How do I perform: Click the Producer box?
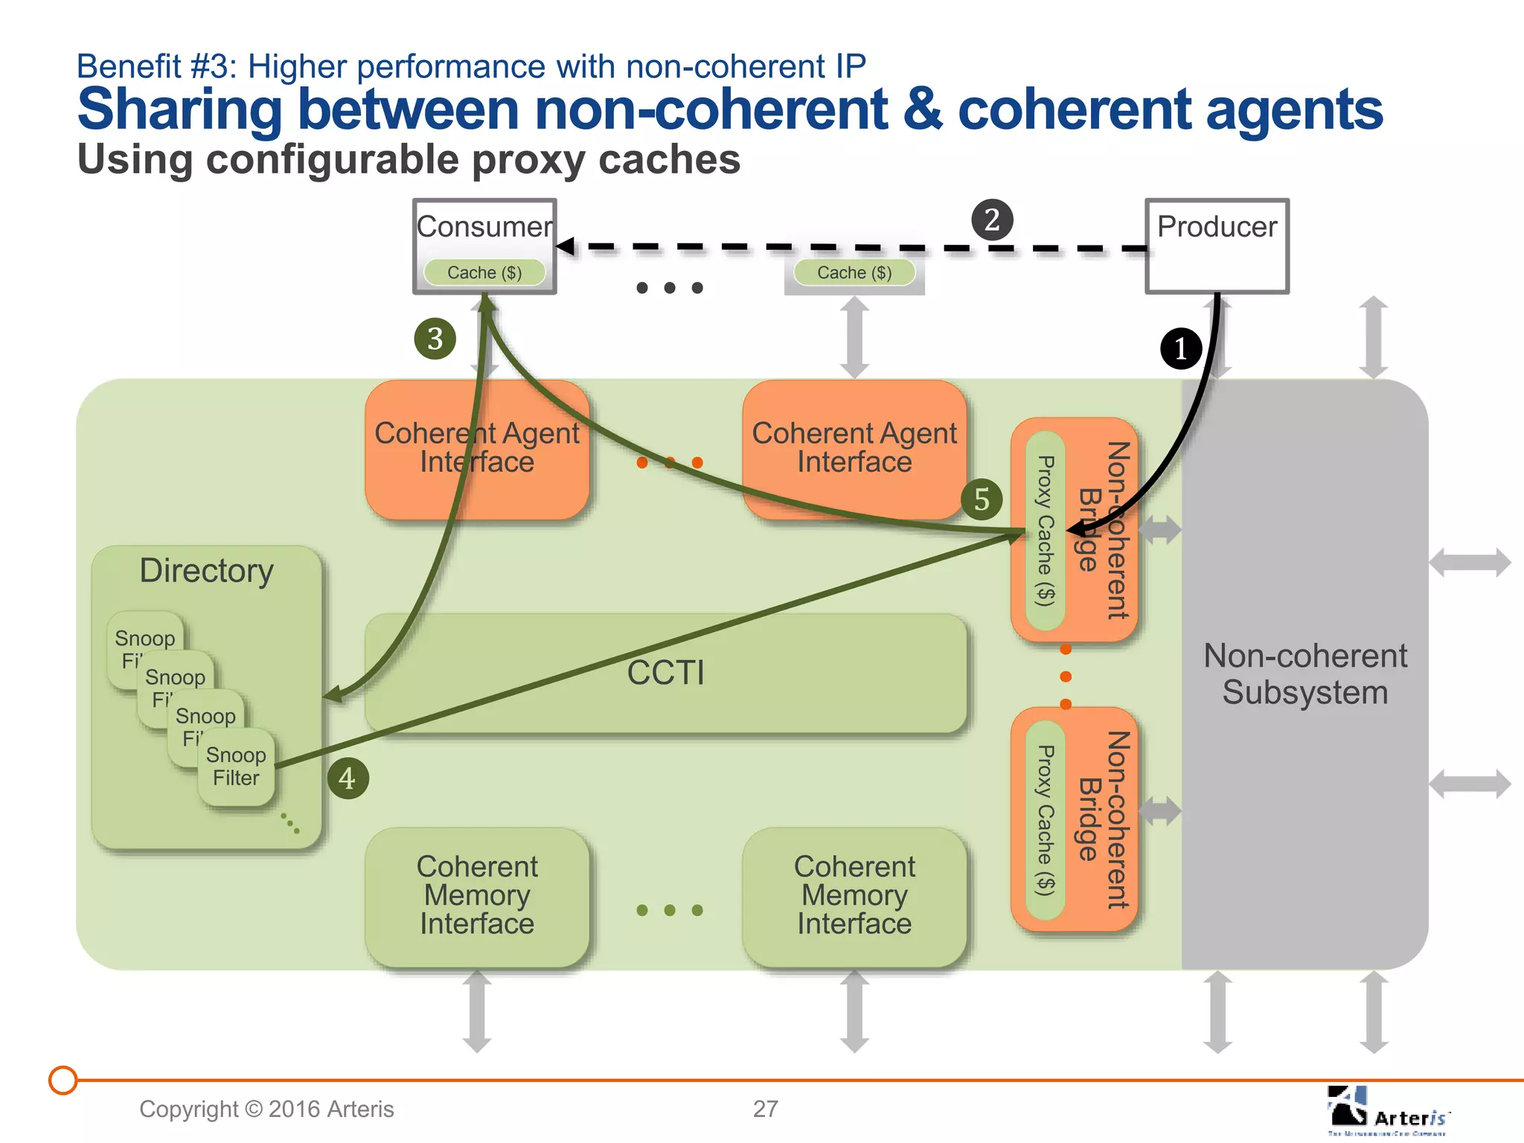(1217, 246)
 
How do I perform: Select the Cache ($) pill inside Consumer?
(484, 272)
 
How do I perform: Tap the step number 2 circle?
(992, 220)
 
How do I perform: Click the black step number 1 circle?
(1181, 348)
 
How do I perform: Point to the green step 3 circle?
(435, 339)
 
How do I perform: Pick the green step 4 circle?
(348, 778)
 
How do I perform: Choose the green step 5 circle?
(982, 499)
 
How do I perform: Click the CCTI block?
(665, 673)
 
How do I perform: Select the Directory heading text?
(206, 571)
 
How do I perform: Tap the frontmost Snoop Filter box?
(236, 766)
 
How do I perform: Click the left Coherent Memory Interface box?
(477, 895)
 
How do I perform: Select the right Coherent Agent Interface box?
(854, 448)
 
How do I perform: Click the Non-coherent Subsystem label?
(1305, 674)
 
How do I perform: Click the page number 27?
(765, 1109)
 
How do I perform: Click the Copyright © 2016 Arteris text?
(266, 1109)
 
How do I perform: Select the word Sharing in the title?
(179, 109)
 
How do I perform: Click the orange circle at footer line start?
(63, 1080)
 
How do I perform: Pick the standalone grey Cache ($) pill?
(854, 272)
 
